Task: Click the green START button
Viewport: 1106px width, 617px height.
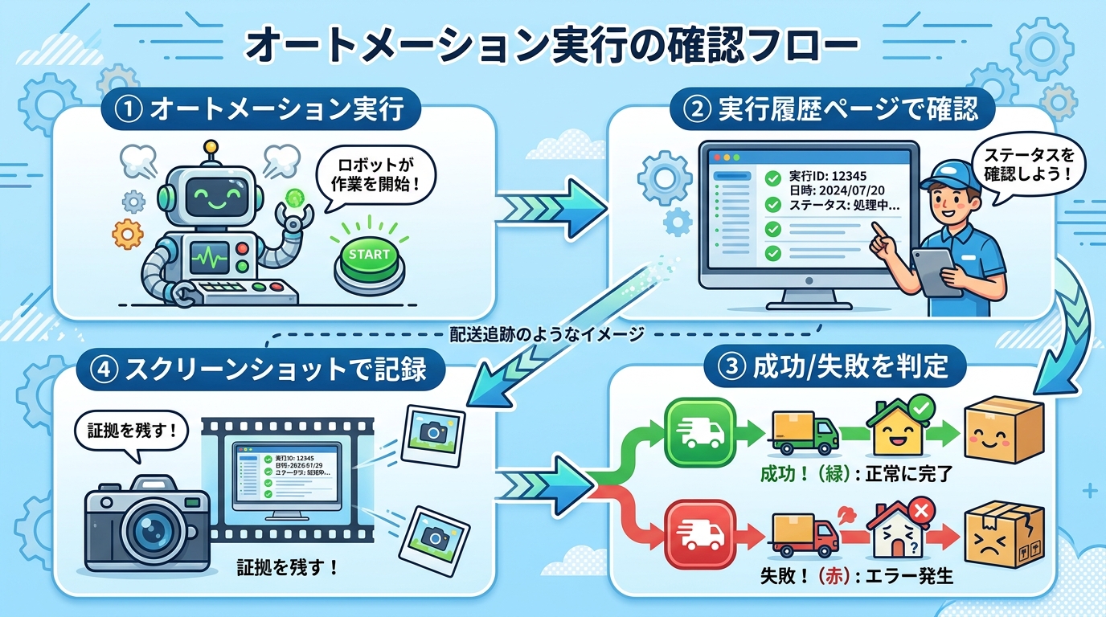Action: tap(369, 255)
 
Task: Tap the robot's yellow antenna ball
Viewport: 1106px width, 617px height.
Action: tap(211, 148)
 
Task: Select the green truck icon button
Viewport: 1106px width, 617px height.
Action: tap(701, 431)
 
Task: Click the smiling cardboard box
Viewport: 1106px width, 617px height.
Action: tap(1003, 432)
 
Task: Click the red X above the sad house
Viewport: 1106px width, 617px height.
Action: tap(921, 509)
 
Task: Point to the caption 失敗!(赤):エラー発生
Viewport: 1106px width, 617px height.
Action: tap(855, 576)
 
